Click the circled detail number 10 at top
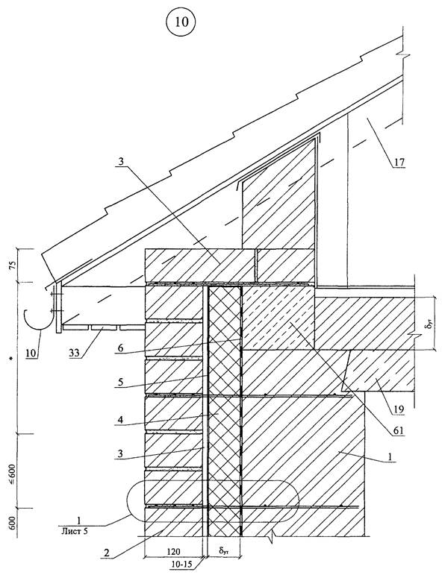[181, 22]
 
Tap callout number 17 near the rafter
[399, 162]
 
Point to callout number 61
[399, 430]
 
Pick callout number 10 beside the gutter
[31, 353]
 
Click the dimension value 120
[173, 551]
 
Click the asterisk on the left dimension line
[13, 358]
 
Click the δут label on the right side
[426, 324]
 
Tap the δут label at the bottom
[223, 550]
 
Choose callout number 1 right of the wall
[390, 457]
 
